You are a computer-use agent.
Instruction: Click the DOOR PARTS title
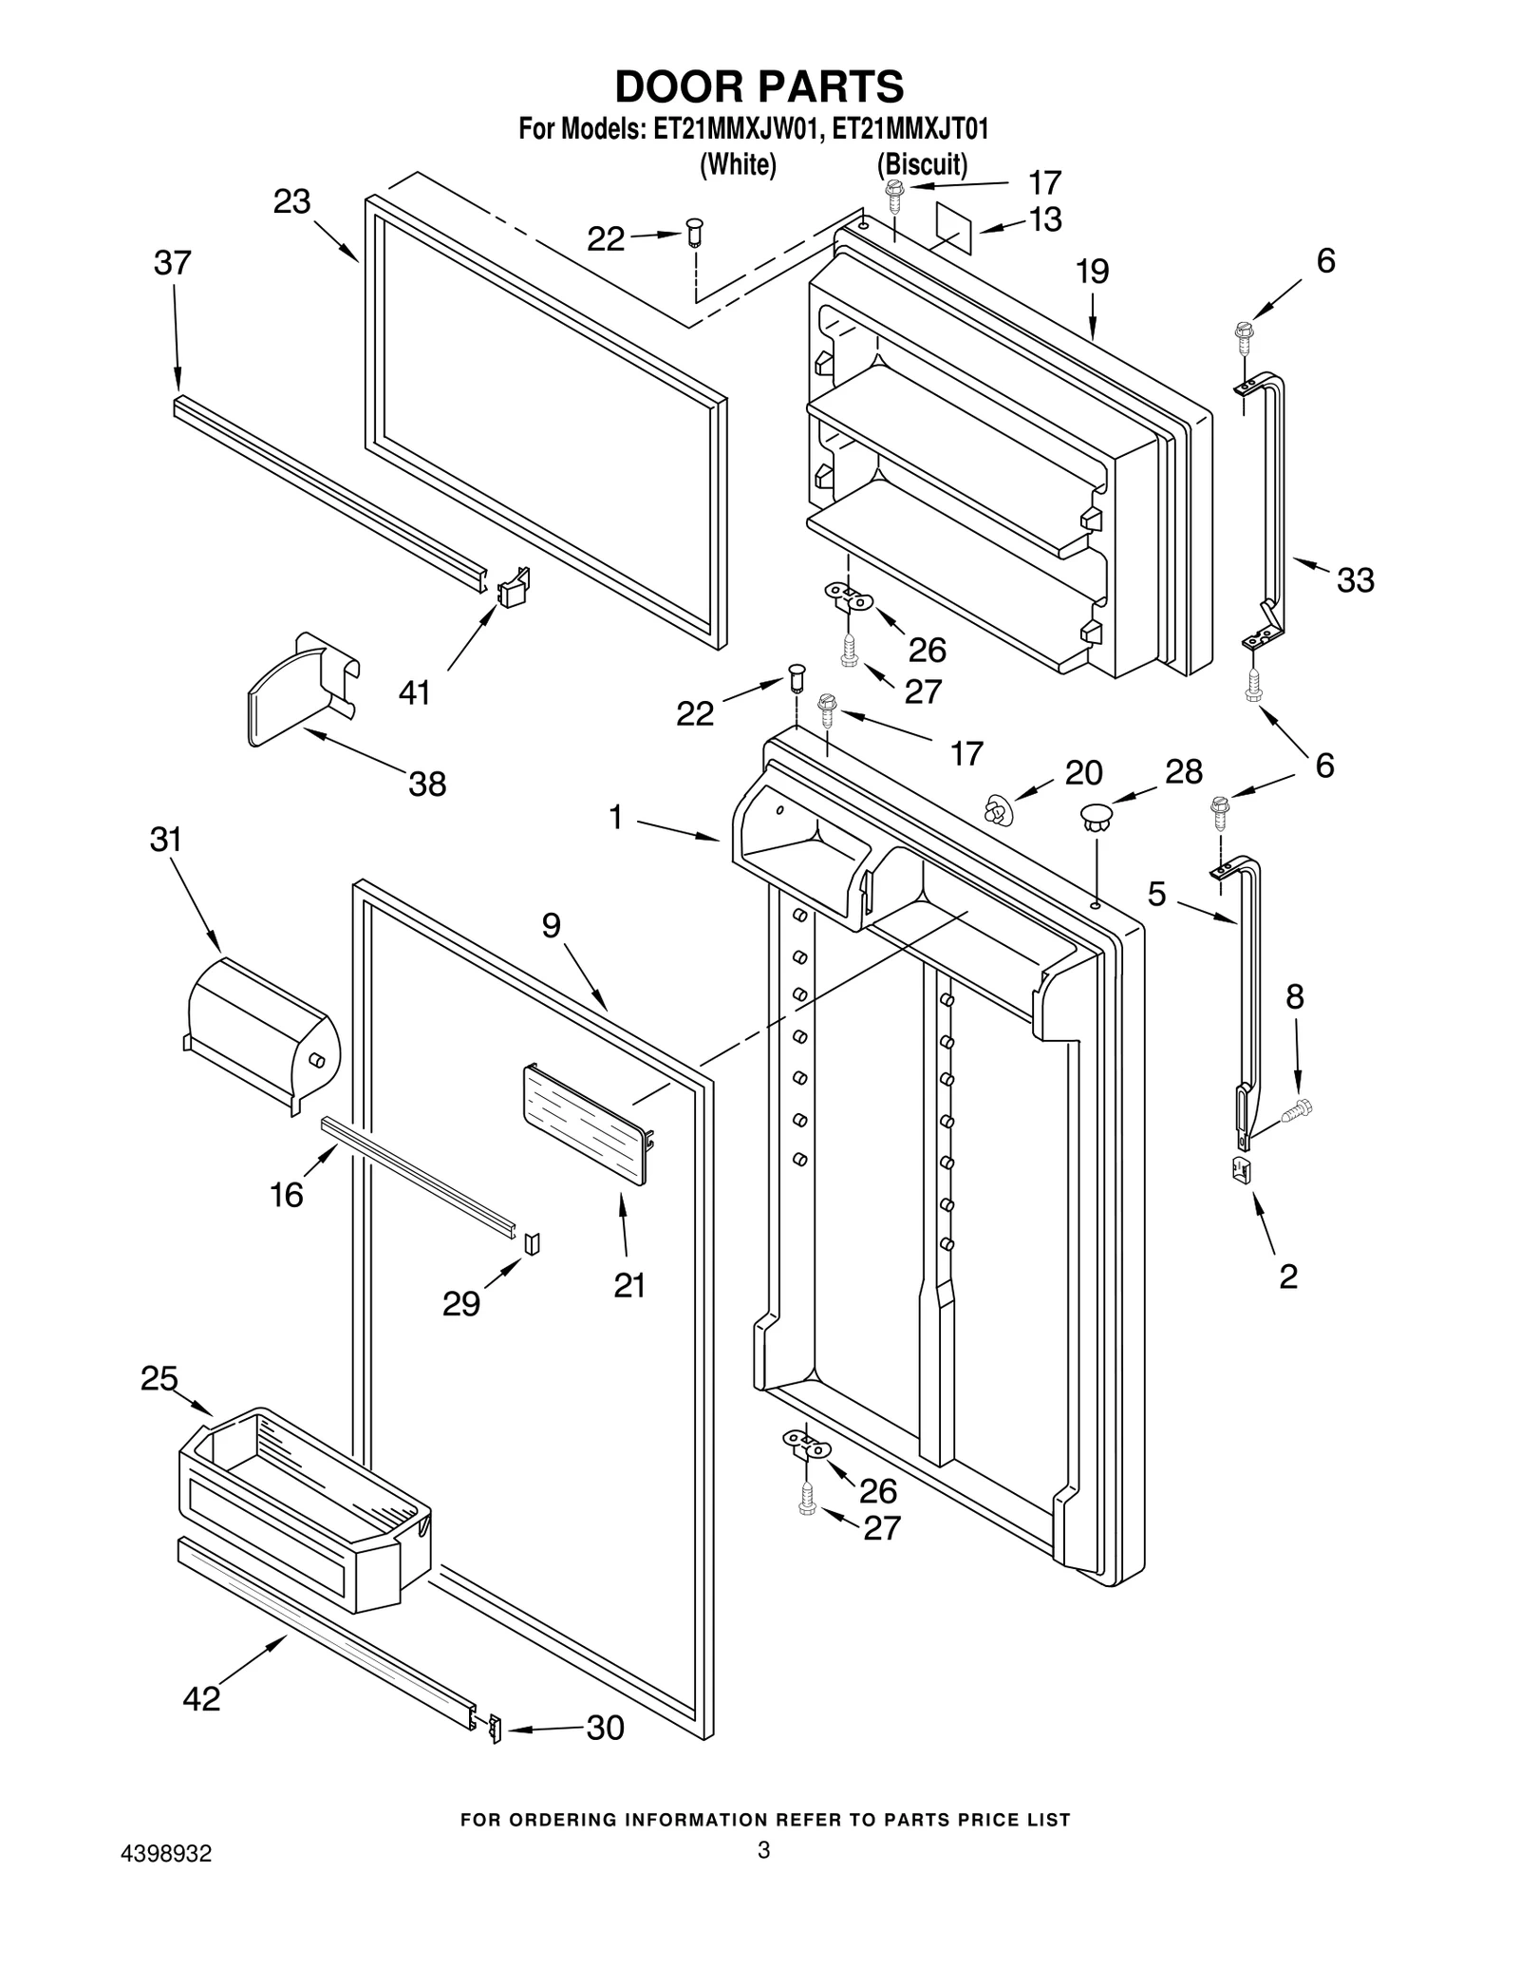pyautogui.click(x=759, y=86)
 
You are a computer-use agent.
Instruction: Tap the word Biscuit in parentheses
pyautogui.click(x=922, y=164)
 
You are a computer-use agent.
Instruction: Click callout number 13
pyautogui.click(x=1044, y=219)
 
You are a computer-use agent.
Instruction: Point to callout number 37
pyautogui.click(x=172, y=263)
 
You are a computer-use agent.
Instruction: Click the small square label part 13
pyautogui.click(x=955, y=227)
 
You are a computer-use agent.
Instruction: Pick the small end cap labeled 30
pyautogui.click(x=494, y=1730)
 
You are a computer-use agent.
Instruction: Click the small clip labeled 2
pyautogui.click(x=1240, y=1170)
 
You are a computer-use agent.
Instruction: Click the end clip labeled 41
pyautogui.click(x=514, y=588)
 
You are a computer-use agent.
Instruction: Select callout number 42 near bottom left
pyautogui.click(x=201, y=1698)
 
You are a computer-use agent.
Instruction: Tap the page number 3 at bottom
pyautogui.click(x=763, y=1849)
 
